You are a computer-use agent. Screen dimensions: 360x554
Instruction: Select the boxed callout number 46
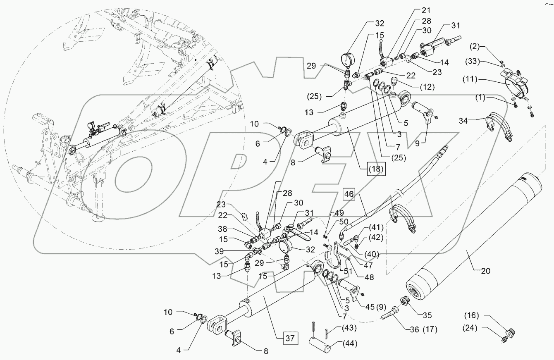(x=349, y=194)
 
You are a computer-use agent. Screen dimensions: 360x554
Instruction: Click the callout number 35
(x=426, y=315)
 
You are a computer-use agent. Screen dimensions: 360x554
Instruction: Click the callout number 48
(x=367, y=278)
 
